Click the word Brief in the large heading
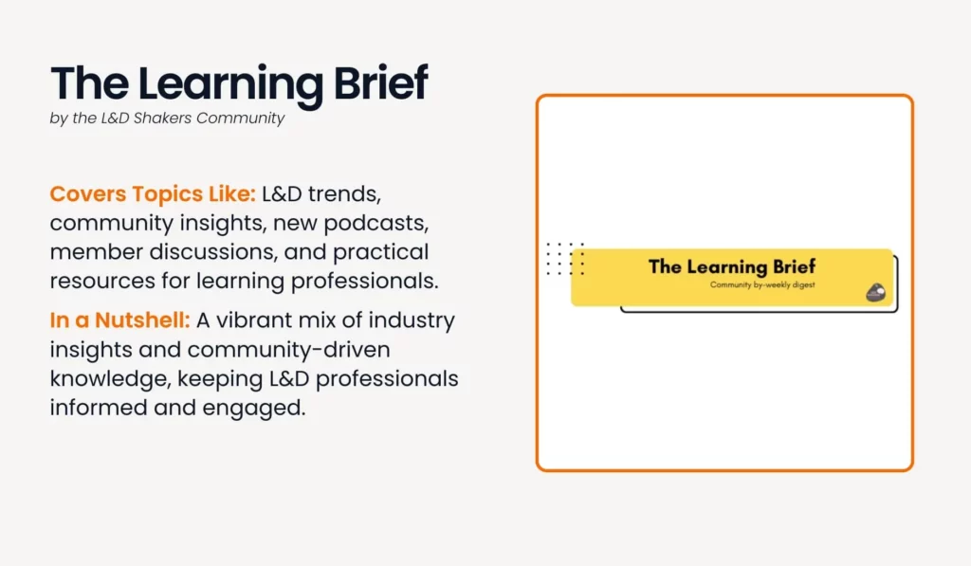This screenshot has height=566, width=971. (x=381, y=82)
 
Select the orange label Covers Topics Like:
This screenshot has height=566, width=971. (x=153, y=193)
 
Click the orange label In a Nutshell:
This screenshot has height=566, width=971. (x=119, y=320)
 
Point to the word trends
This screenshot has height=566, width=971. (x=344, y=194)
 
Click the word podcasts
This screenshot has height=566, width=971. (x=376, y=224)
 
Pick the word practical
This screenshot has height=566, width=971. (x=381, y=253)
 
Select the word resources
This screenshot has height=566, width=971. (x=102, y=282)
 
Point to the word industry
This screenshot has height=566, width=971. (x=412, y=321)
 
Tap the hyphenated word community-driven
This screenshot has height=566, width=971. (x=288, y=350)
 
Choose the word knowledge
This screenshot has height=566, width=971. (x=110, y=379)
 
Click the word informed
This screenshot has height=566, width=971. (x=99, y=408)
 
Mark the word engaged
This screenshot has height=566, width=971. (x=254, y=409)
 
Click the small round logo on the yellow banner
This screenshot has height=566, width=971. (x=875, y=292)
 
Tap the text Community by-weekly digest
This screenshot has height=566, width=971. (x=762, y=284)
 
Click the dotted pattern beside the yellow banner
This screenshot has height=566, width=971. (x=565, y=259)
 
